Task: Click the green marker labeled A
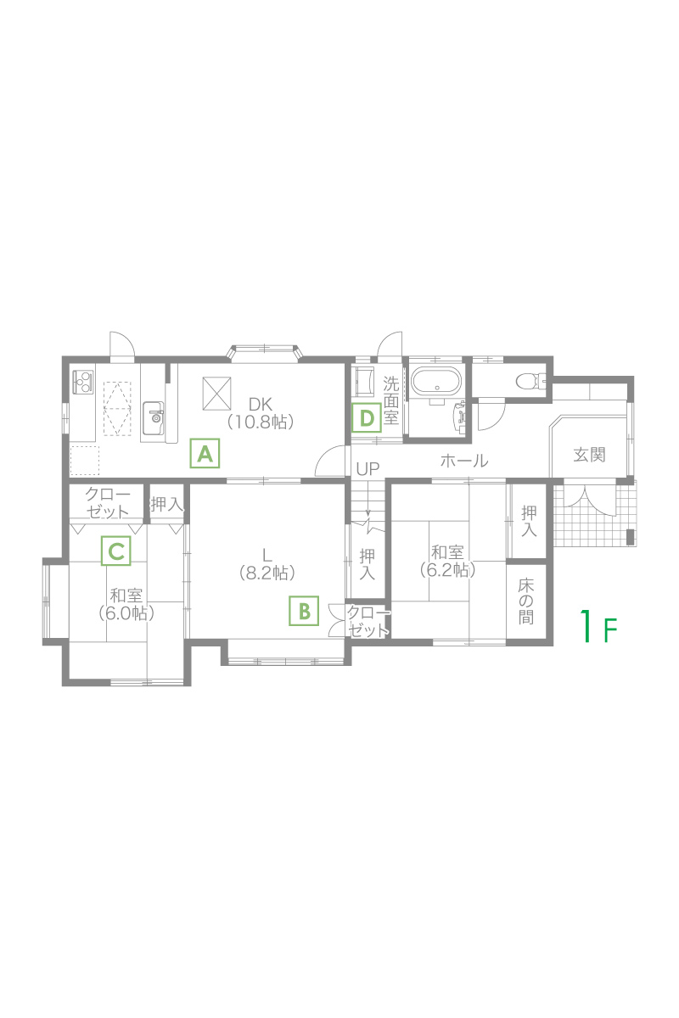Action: [205, 453]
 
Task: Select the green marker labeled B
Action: [304, 611]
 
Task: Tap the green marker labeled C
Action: [116, 551]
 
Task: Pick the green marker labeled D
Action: [367, 417]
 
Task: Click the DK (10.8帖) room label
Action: [260, 413]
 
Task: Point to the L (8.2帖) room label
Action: [267, 564]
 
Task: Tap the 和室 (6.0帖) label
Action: [126, 605]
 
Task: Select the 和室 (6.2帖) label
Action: [447, 562]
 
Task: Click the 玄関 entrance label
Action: [589, 455]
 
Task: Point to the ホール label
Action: [464, 461]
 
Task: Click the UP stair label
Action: [368, 469]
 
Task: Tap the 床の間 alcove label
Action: [525, 601]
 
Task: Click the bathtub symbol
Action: [436, 380]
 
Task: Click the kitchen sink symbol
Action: [154, 417]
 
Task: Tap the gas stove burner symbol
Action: [83, 383]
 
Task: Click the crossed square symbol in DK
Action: [216, 393]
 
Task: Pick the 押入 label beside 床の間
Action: [529, 521]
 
